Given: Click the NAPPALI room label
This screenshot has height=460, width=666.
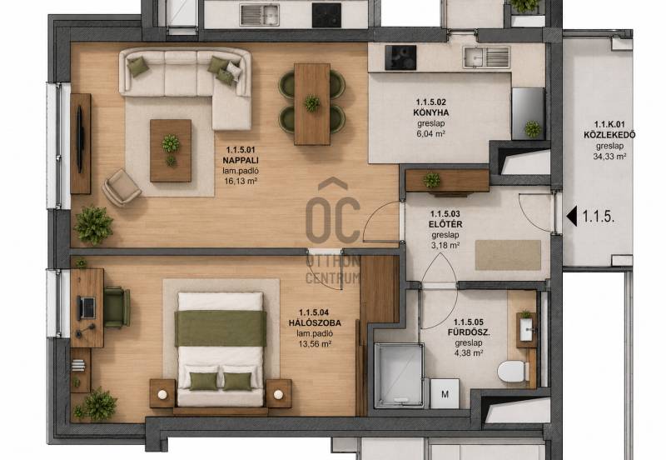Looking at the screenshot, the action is pos(241,160).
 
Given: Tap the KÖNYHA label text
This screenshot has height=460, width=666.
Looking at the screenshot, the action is pos(430,112).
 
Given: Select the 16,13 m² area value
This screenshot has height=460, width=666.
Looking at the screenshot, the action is pos(241,181).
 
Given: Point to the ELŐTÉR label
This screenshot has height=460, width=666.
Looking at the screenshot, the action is pos(445,224).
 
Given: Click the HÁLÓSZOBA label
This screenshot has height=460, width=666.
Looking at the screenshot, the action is pos(315,323).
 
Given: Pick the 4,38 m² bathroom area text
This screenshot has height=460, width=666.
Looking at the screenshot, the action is pos(469,352).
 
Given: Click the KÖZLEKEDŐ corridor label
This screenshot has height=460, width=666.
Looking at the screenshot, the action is pos(609,135).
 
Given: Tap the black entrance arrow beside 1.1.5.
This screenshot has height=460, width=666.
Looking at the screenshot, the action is pos(572,217).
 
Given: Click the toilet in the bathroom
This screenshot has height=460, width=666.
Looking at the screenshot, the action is pos(513,372).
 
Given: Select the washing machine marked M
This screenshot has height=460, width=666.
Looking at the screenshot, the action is pos(445,394).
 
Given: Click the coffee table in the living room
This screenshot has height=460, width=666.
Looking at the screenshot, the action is pos(171,151).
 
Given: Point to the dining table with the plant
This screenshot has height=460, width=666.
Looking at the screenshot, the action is pos(312,104).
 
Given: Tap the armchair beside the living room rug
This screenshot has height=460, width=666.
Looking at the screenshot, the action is pos(121,187).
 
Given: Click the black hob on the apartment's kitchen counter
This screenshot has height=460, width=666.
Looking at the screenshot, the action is pos(400,57).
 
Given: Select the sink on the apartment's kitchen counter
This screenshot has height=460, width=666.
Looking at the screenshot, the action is pos(486,57).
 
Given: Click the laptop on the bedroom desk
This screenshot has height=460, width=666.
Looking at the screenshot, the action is pos(87,307).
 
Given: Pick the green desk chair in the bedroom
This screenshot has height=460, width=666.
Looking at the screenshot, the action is pos(117,307).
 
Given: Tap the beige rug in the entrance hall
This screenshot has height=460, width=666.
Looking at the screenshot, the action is pos(508,255).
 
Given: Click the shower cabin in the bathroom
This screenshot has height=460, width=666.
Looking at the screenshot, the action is pos(399,375).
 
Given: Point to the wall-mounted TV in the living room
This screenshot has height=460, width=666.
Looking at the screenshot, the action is pos(79,139).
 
